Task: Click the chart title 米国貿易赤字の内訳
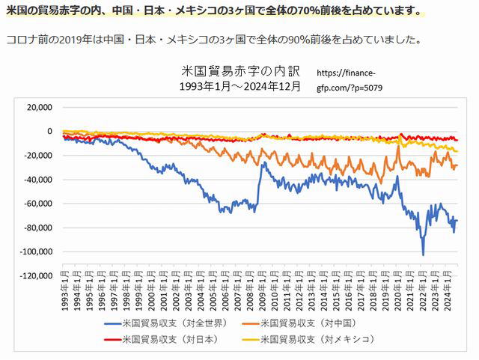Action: point(241,72)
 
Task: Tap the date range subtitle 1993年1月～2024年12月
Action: point(241,86)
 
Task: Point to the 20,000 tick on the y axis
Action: point(38,107)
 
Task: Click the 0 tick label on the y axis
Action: point(49,131)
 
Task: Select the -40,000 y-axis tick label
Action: point(37,180)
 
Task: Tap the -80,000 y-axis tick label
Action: point(37,228)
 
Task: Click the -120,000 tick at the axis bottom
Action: point(34,275)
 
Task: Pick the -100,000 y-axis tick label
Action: point(34,251)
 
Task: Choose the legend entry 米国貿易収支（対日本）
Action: point(172,339)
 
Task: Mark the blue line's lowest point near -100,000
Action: point(423,254)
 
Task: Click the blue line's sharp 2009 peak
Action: point(263,162)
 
